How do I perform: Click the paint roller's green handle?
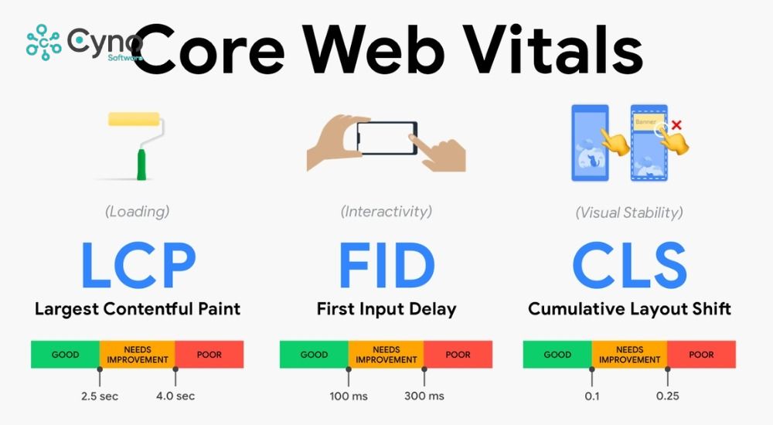[141, 163]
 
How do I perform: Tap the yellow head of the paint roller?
[135, 120]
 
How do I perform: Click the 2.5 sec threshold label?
[100, 396]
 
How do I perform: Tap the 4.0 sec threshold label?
[175, 396]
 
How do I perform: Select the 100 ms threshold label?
[349, 396]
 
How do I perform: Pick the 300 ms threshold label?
[424, 396]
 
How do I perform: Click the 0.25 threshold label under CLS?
[667, 396]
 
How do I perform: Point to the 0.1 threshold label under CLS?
[591, 396]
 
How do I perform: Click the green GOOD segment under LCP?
[65, 355]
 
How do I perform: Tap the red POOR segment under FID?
[458, 355]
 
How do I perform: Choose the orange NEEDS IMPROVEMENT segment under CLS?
[629, 355]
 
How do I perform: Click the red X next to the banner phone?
[676, 124]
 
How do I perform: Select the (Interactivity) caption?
[386, 211]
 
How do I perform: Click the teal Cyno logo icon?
[43, 42]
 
